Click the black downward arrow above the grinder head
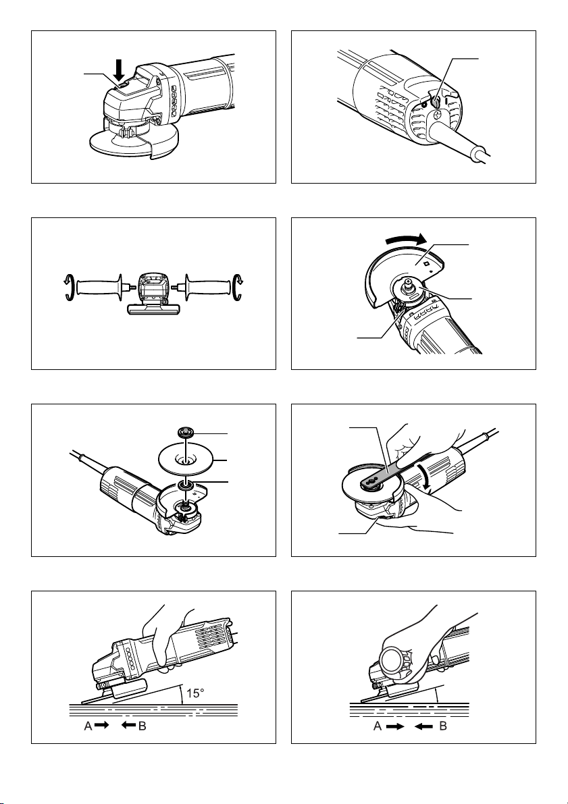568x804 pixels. pos(120,70)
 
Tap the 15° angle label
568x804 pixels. pos(195,693)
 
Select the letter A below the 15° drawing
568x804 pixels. pos(88,726)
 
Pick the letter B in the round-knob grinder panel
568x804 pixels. pos(443,726)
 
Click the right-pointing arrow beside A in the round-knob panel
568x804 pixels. pos(395,726)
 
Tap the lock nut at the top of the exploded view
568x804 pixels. pos(184,432)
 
